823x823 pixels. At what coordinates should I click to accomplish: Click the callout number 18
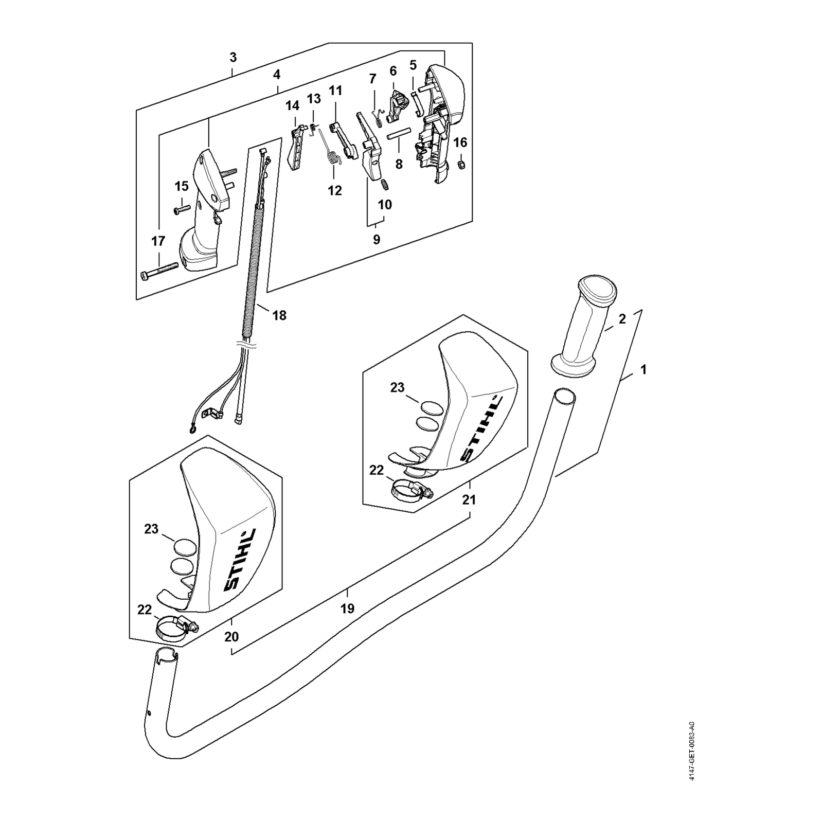[279, 315]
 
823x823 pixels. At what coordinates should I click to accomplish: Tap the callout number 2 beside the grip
[622, 319]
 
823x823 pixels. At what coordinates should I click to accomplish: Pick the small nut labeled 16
[461, 164]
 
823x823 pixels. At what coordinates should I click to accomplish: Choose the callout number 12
[335, 190]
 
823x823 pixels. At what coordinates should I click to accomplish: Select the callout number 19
[348, 609]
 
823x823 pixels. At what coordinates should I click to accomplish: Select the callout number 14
[292, 106]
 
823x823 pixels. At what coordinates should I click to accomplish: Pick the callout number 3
[233, 57]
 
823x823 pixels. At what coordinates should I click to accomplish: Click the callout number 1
[643, 369]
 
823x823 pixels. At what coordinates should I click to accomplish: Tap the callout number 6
[393, 70]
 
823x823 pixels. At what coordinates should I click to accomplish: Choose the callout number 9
[377, 239]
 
